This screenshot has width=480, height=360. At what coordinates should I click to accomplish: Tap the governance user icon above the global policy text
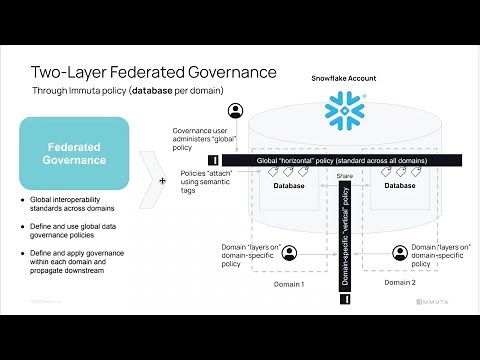coord(237,110)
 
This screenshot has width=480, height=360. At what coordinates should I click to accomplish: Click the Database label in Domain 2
coord(399,185)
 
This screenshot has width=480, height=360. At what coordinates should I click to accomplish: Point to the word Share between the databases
coord(346,175)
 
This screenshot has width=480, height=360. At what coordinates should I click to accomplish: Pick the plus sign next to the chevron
coord(163,182)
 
